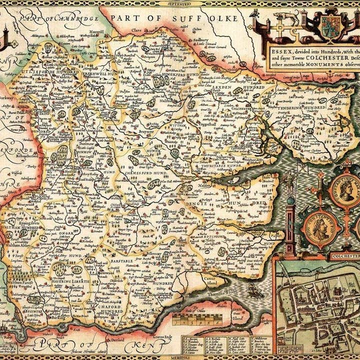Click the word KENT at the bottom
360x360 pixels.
click(144, 345)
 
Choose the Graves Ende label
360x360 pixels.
click(161, 336)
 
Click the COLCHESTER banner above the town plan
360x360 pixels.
click(345, 256)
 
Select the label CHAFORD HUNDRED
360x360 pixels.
click(112, 307)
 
